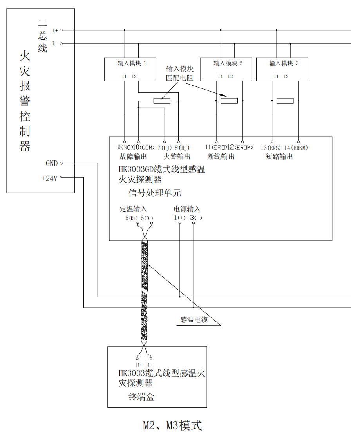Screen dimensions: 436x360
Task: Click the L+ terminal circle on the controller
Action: point(61,30)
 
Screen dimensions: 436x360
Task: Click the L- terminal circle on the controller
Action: point(61,44)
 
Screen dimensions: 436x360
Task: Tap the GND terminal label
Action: point(52,163)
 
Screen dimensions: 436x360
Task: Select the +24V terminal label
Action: point(50,178)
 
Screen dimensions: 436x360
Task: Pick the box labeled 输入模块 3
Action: point(282,69)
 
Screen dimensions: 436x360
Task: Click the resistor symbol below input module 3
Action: point(285,101)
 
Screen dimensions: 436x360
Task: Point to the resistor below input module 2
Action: point(229,101)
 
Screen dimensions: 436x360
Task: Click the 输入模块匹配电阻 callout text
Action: point(180,73)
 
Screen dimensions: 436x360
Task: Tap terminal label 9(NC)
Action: point(125,148)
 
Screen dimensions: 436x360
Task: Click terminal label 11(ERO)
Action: point(215,148)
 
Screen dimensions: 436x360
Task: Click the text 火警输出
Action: point(177,157)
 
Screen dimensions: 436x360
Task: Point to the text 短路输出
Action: point(279,157)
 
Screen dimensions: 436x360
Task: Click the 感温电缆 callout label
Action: point(194,320)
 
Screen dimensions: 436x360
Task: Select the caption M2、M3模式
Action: point(172,425)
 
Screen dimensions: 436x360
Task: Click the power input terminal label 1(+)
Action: point(180,218)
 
